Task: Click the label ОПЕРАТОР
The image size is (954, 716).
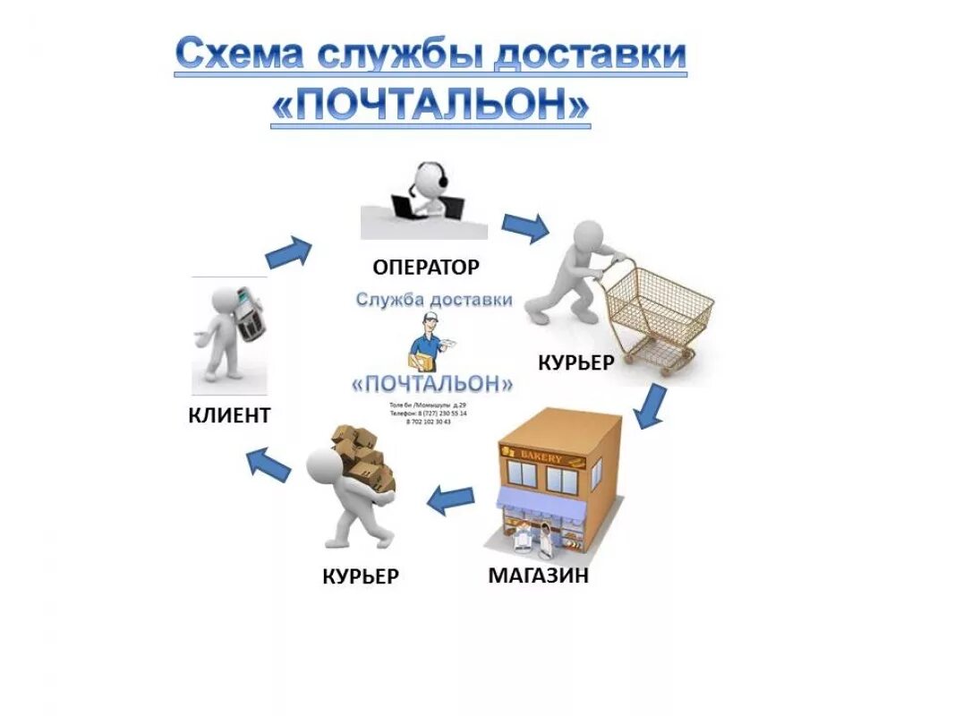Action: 426,267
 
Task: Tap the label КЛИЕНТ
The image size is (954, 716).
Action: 229,414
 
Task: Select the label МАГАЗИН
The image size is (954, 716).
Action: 538,575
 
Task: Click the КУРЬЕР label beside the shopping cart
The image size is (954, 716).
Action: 575,362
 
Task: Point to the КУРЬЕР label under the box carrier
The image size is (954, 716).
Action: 360,576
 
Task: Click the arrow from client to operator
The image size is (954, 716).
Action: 289,252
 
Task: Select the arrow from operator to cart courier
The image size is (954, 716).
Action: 524,227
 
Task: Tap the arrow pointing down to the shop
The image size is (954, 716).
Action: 650,407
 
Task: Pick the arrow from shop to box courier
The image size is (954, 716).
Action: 451,499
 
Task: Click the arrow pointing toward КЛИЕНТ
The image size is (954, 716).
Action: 268,465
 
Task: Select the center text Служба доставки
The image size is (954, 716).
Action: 434,300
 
